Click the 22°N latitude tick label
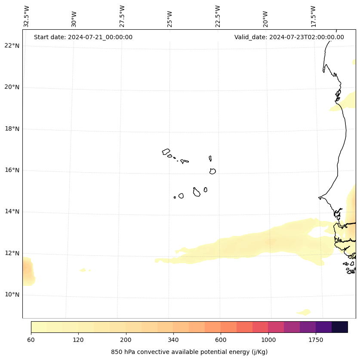click(x=11, y=46)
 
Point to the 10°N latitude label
click(x=11, y=295)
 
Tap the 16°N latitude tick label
click(x=11, y=170)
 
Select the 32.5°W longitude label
click(x=27, y=16)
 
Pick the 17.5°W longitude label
click(x=314, y=16)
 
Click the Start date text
click(x=83, y=37)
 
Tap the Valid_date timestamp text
click(x=289, y=37)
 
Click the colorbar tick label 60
click(x=31, y=340)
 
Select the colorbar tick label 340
click(x=173, y=340)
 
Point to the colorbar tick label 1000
click(x=268, y=340)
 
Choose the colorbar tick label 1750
click(x=316, y=340)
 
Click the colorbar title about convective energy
click(x=189, y=352)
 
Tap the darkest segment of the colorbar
click(x=340, y=327)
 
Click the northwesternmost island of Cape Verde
click(x=166, y=152)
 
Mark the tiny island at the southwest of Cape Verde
click(x=175, y=197)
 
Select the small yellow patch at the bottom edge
click(x=304, y=312)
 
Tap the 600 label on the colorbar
click(x=221, y=340)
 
